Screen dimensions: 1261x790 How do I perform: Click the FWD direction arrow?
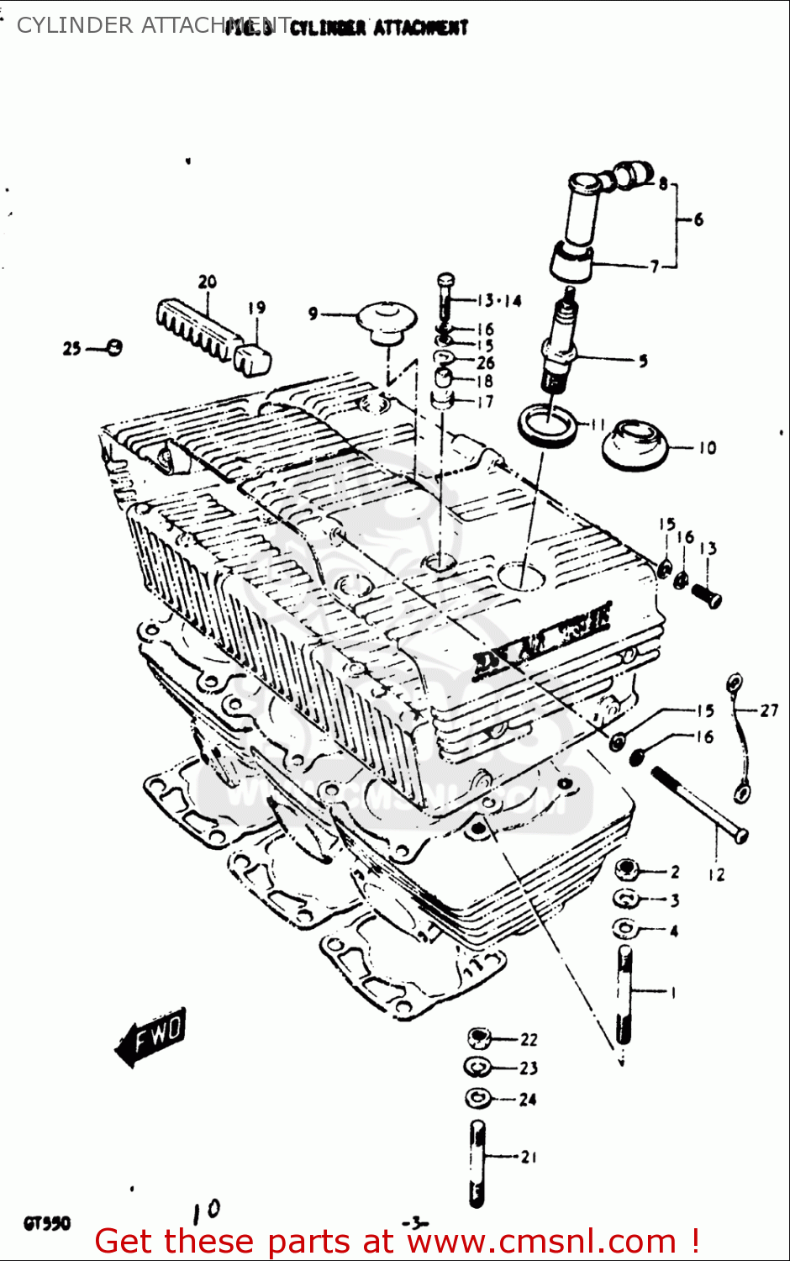pyautogui.click(x=151, y=1036)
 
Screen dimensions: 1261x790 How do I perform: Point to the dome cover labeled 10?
pyautogui.click(x=635, y=446)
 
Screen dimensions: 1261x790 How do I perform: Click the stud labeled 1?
pyautogui.click(x=624, y=994)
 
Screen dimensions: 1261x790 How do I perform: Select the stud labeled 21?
pyautogui.click(x=477, y=1163)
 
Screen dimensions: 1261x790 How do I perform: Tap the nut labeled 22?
pyautogui.click(x=478, y=1038)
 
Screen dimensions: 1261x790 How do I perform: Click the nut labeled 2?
pyautogui.click(x=626, y=870)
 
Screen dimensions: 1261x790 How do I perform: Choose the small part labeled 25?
pyautogui.click(x=115, y=346)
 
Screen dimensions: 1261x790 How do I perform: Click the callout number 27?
pyautogui.click(x=769, y=710)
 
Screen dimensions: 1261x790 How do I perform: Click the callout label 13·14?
pyautogui.click(x=498, y=301)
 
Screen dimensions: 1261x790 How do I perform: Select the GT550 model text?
pyautogui.click(x=47, y=1223)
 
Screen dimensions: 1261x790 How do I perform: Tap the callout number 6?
pyautogui.click(x=698, y=219)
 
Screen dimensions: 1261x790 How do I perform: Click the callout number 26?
pyautogui.click(x=485, y=363)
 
